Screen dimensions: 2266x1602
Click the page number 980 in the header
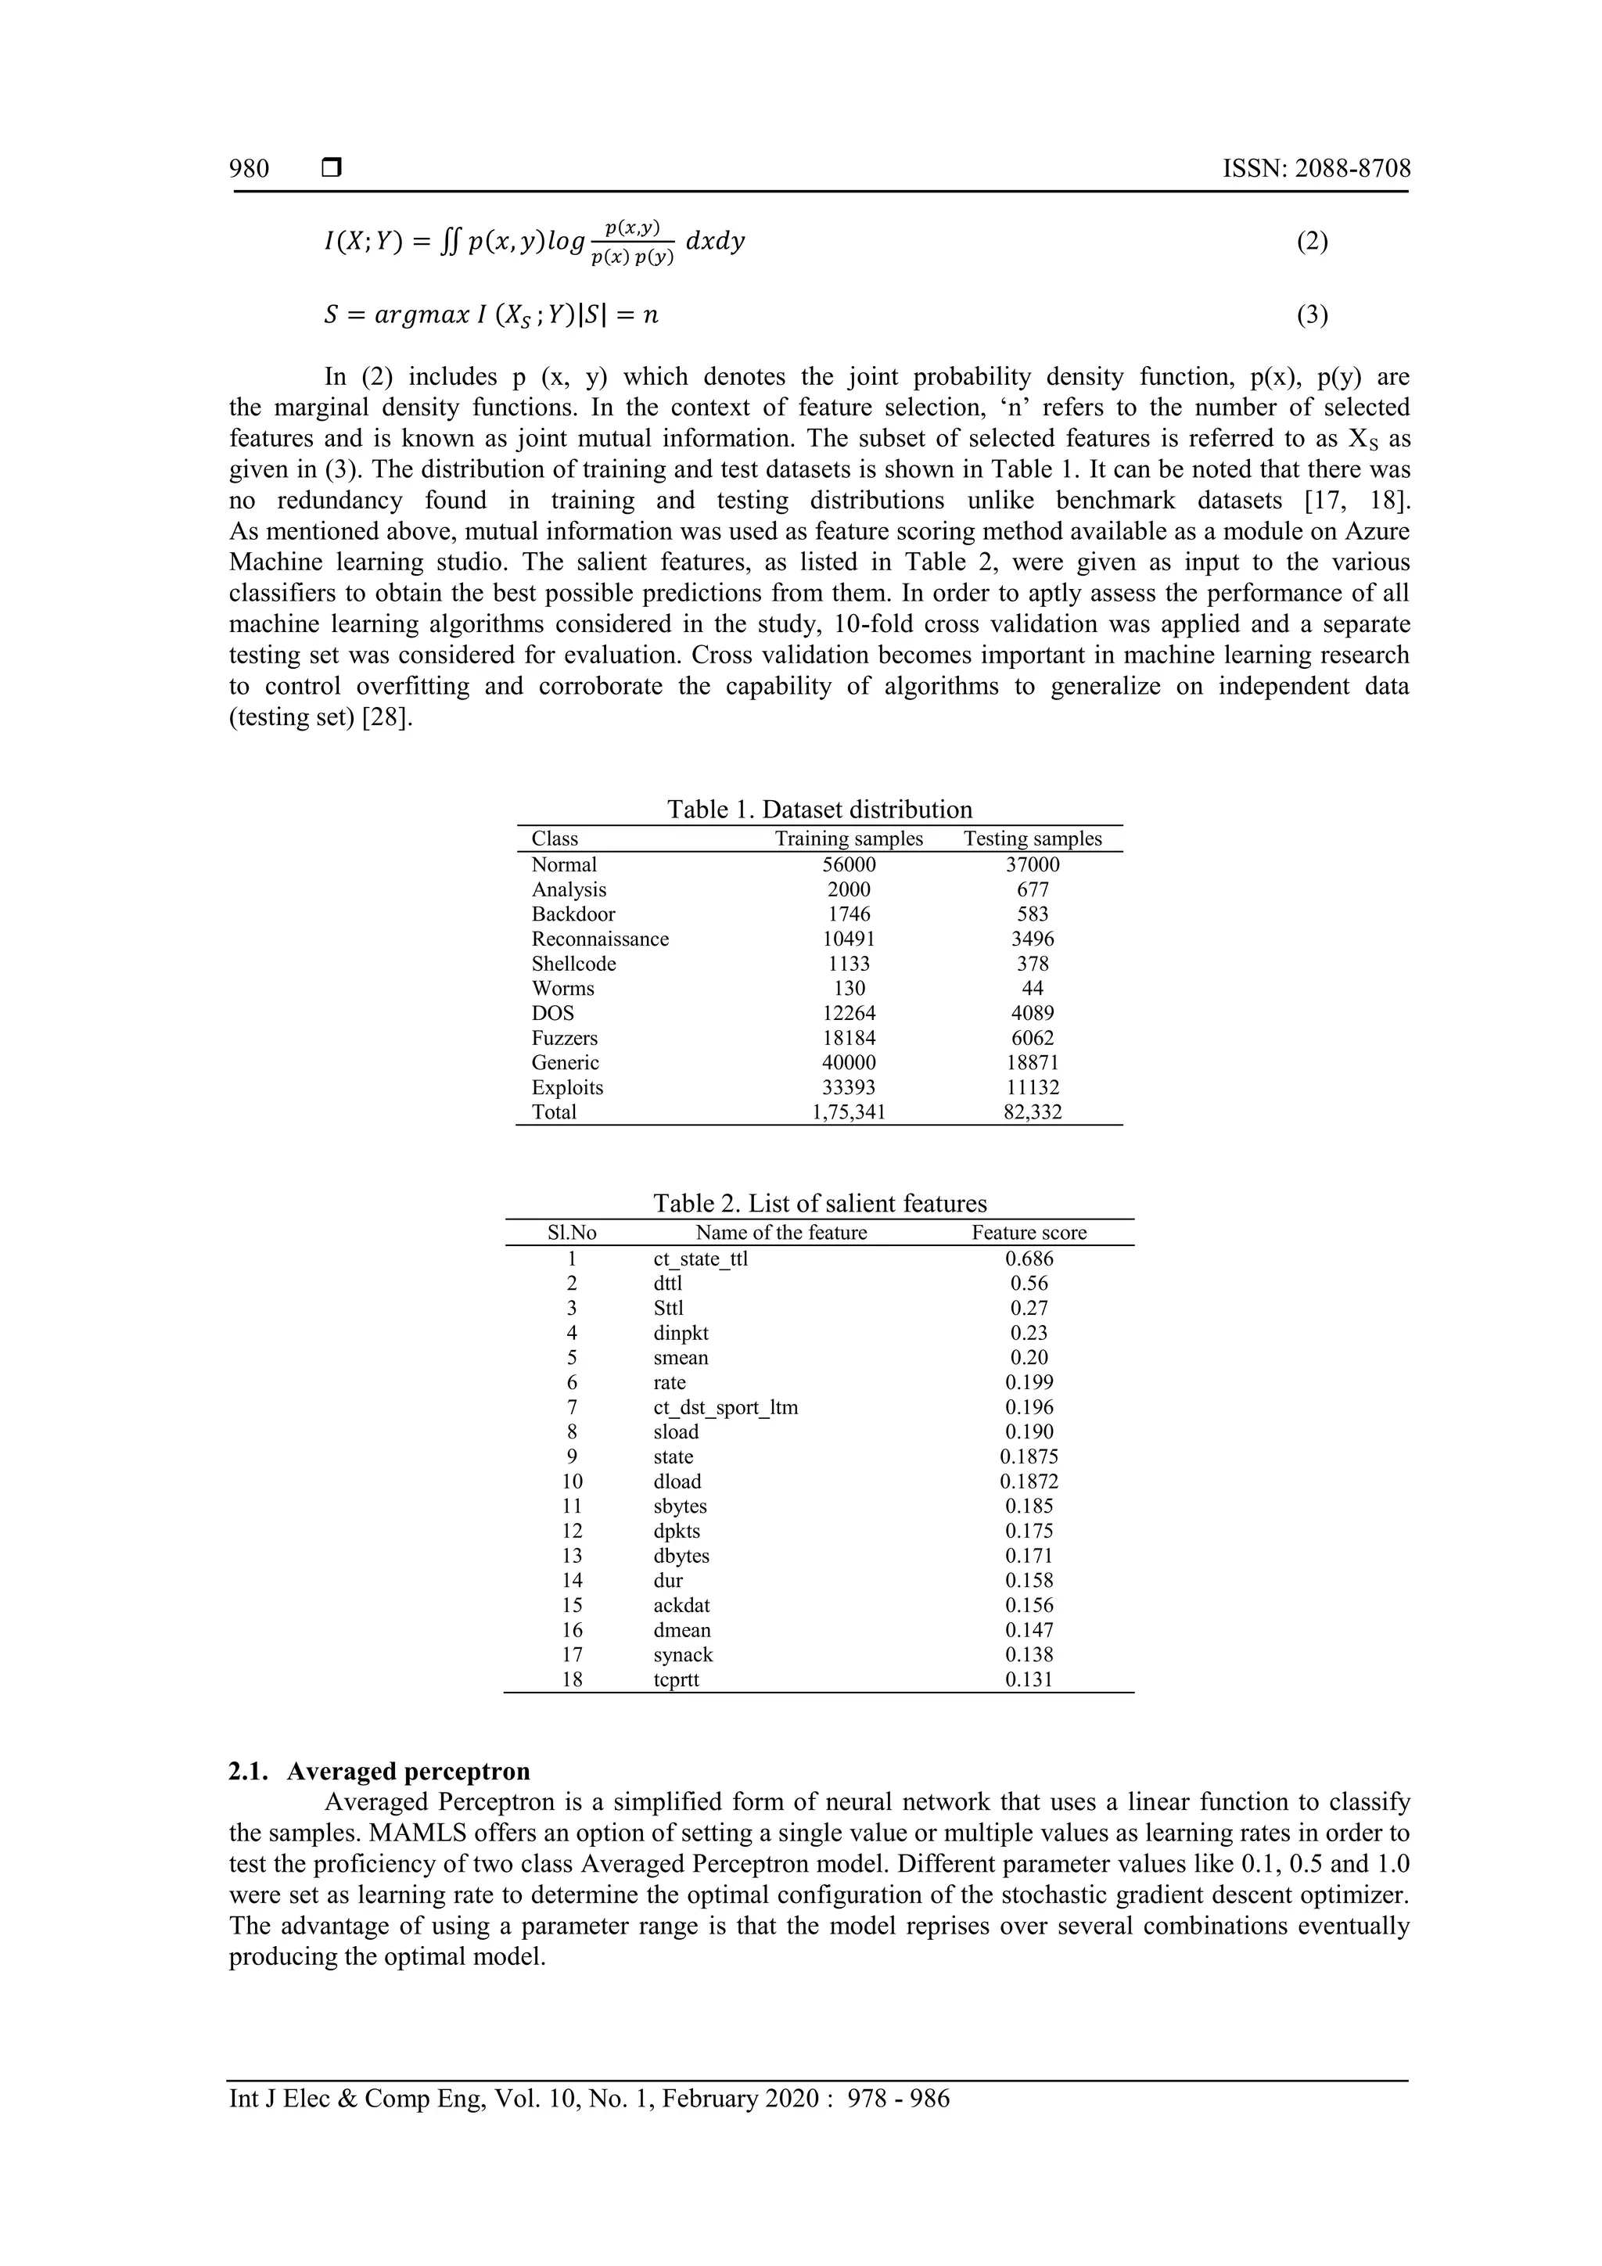click(249, 169)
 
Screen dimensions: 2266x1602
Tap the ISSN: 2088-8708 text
click(1316, 169)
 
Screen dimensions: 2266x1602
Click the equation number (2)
click(1311, 242)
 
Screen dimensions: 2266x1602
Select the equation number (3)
click(1311, 316)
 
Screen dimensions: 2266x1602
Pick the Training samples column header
click(849, 839)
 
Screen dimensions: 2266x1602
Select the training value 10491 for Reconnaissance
click(849, 939)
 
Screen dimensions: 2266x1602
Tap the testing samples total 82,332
click(1033, 1112)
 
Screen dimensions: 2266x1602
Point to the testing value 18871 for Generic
click(1033, 1063)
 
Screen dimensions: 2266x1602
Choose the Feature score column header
click(1029, 1233)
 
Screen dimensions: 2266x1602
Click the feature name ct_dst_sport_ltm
click(725, 1407)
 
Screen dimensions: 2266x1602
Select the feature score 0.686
click(1029, 1259)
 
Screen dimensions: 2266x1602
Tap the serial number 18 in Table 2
click(573, 1680)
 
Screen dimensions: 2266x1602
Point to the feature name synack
click(683, 1655)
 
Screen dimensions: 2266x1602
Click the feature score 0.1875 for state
click(1029, 1456)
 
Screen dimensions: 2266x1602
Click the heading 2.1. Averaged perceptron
click(379, 1772)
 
